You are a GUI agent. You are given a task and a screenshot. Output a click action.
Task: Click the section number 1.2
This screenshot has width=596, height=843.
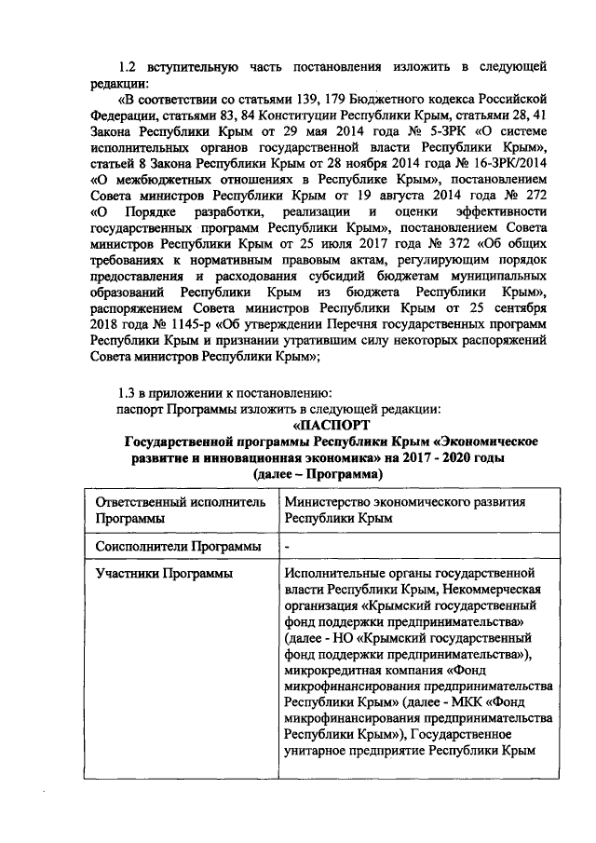click(x=128, y=67)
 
